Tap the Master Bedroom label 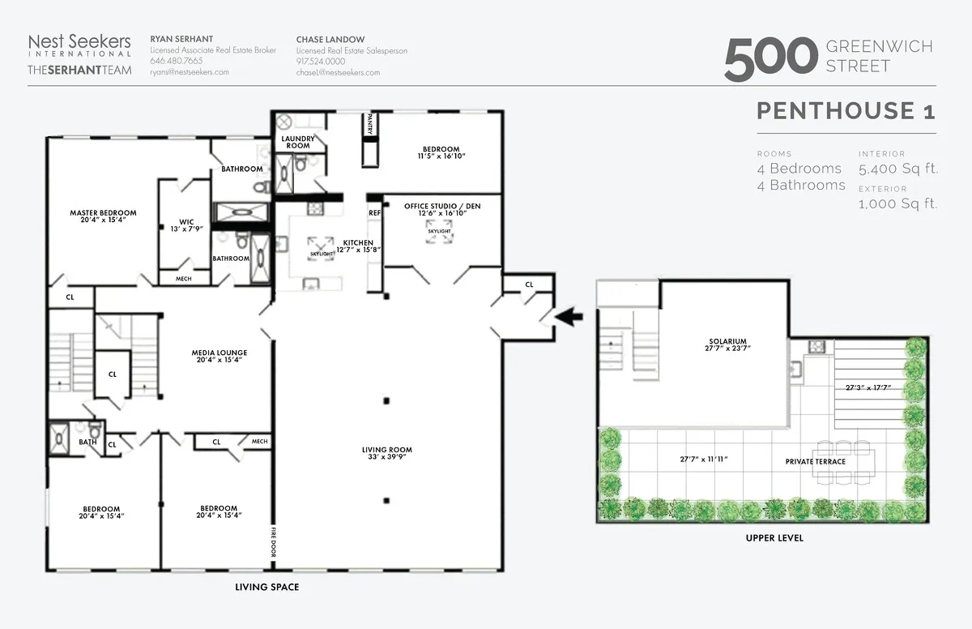coord(103,213)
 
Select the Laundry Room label coord(297,142)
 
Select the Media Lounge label coord(219,353)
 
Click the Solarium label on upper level coord(726,341)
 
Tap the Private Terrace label coord(815,461)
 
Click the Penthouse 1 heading coord(846,110)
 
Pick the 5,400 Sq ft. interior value coord(898,169)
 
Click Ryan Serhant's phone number coord(177,61)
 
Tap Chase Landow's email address coord(338,72)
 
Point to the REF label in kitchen coord(374,213)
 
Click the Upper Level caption coord(774,538)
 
